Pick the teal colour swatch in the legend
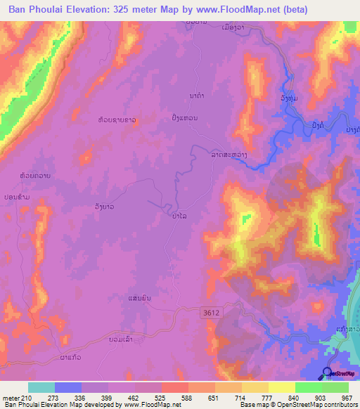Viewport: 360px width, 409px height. [41, 387]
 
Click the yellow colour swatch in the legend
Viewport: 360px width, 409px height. [282, 387]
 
